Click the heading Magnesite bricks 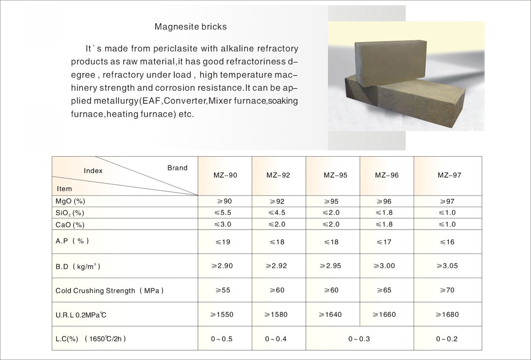190,27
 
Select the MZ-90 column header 225,175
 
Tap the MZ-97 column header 449,175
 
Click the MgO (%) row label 70,202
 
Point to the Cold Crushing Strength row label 109,291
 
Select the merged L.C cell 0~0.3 359,339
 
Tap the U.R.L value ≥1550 222,314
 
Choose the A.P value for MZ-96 385,242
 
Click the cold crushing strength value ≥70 447,290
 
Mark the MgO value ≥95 331,202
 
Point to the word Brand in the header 177,168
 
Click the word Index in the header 93,171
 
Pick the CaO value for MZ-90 222,224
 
